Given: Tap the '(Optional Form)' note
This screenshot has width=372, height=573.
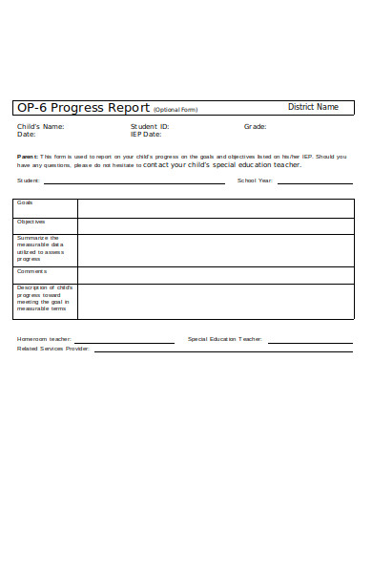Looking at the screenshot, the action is coord(176,110).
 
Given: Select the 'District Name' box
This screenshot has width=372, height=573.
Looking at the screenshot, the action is coord(313,107).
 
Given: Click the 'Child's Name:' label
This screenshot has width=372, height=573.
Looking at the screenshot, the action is coord(41,126).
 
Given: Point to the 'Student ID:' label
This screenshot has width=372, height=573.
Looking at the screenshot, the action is coord(150,126).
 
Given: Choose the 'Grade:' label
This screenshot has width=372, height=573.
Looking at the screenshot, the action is coord(255,126).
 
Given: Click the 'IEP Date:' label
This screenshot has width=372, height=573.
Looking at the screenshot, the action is coord(147,135).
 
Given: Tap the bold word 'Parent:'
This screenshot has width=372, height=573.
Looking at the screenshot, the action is coord(28,156).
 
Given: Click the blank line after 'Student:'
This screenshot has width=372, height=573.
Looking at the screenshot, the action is coord(120,180).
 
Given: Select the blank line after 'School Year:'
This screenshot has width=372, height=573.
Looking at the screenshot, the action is coord(315,180).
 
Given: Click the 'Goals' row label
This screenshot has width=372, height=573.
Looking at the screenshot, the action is coord(25,202).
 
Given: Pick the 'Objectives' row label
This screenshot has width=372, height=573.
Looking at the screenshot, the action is coord(31,222).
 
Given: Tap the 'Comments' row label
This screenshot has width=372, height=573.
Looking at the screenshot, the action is coord(31,271).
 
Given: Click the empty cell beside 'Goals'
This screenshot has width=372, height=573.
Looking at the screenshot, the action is coord(215,208).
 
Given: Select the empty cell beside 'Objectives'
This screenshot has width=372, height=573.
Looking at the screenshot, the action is coord(215,225).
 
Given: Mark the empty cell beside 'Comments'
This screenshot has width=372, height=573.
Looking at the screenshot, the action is coord(215,275).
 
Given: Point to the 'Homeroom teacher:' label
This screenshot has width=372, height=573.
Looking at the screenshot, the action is coord(44,339).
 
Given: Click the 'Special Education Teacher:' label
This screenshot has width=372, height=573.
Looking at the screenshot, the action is coord(225,339).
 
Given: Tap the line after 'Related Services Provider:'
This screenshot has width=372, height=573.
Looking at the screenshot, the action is coord(223,350).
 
